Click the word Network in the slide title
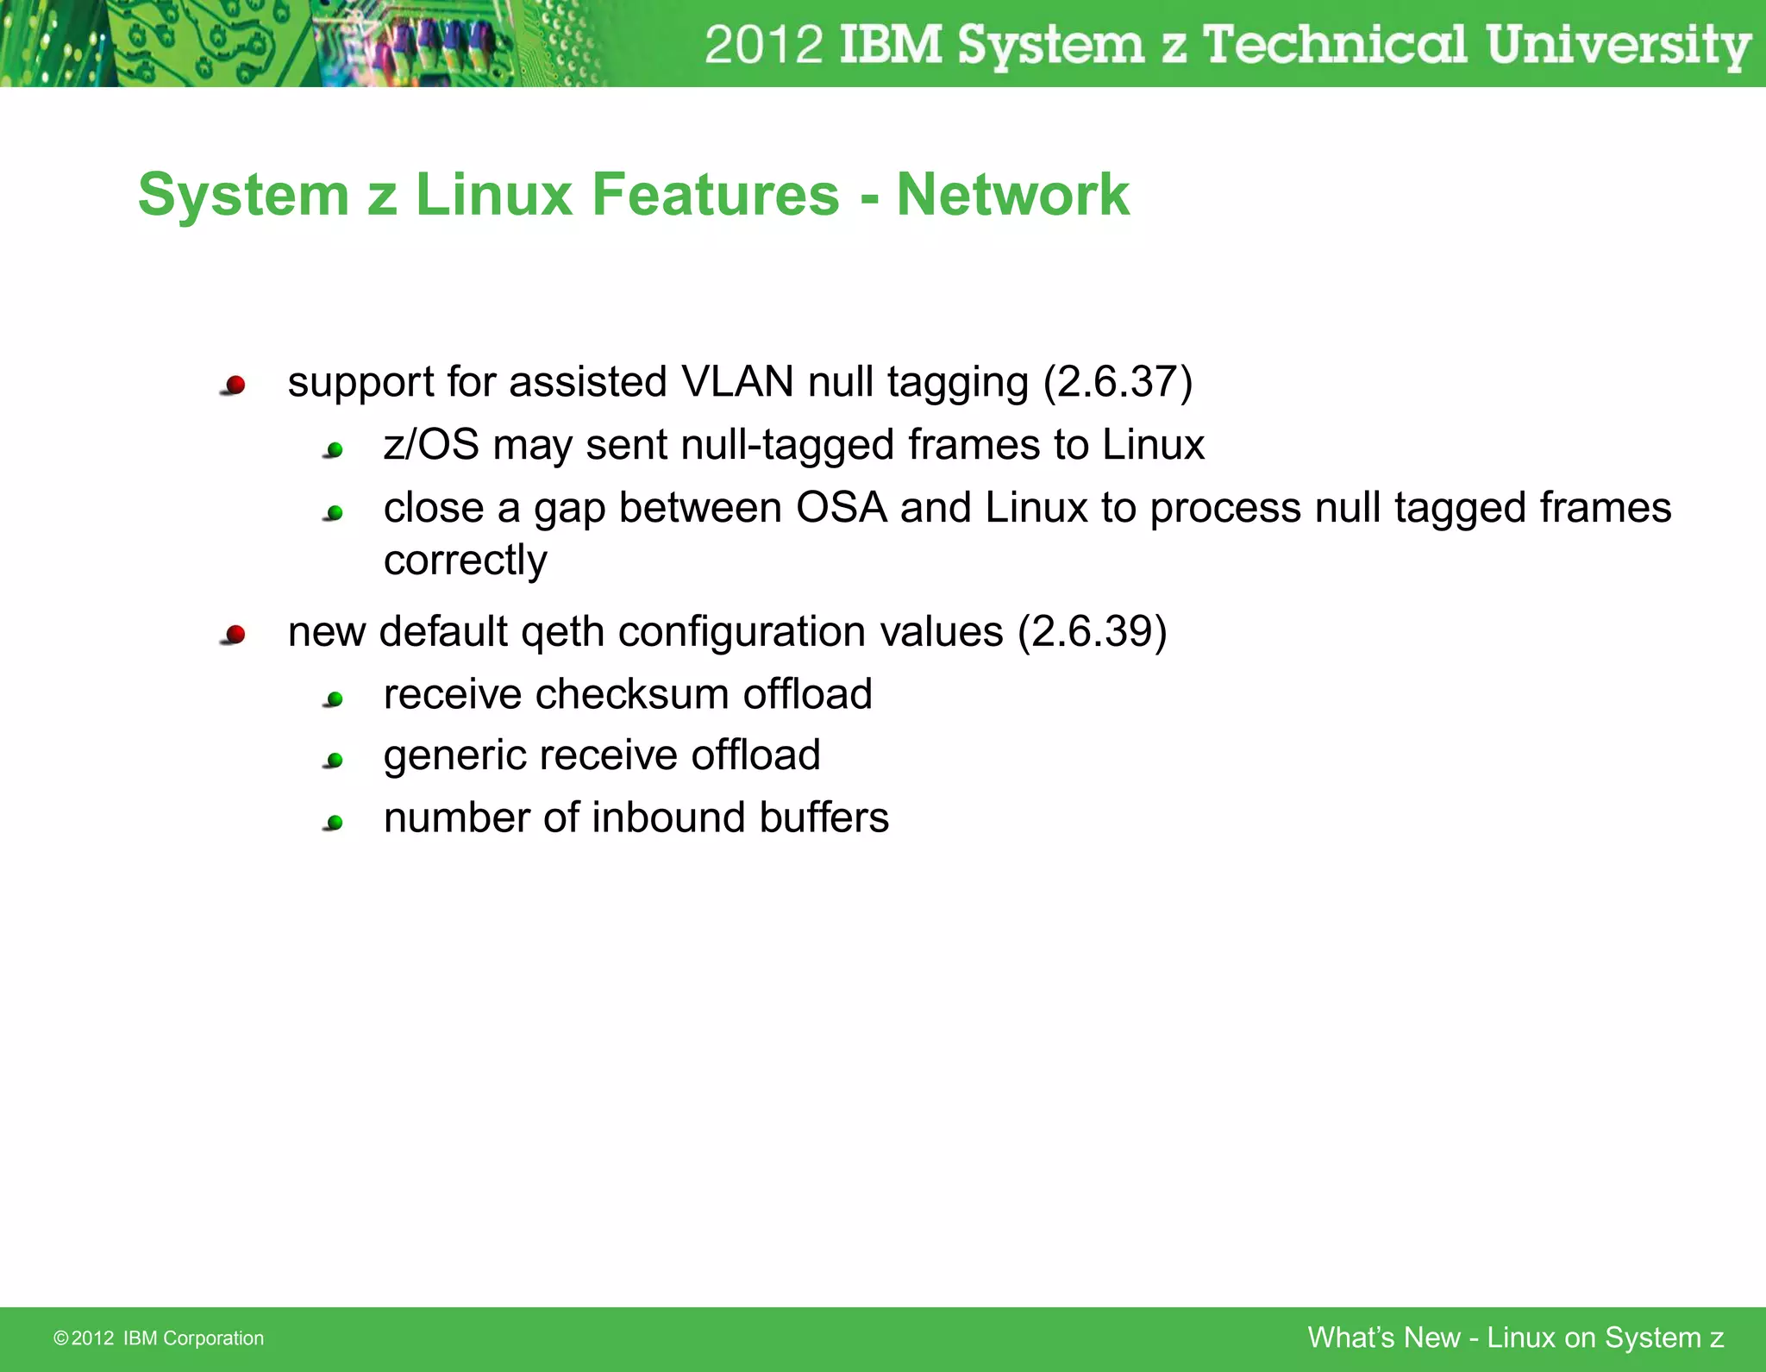(x=1012, y=195)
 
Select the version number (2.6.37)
(x=1118, y=382)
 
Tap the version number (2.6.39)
(x=1092, y=631)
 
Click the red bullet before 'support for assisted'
(x=235, y=385)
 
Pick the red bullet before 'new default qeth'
(x=235, y=636)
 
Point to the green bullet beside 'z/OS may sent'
(x=335, y=449)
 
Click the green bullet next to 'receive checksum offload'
(x=335, y=699)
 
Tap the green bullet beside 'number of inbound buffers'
(x=335, y=823)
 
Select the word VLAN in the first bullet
(x=736, y=382)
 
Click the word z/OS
(x=431, y=446)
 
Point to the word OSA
(x=841, y=508)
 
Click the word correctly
(x=465, y=561)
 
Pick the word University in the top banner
(x=1618, y=45)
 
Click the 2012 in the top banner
(x=763, y=45)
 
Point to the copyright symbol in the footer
(x=60, y=1338)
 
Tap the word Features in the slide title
(x=715, y=195)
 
